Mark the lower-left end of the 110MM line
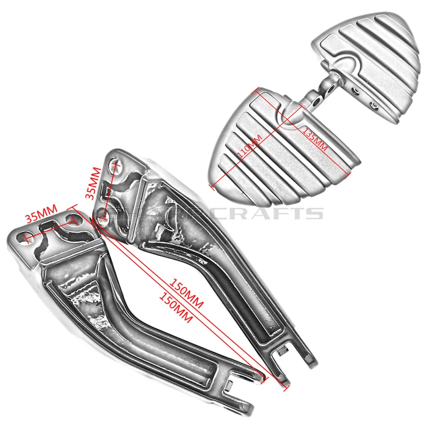point(212,187)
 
